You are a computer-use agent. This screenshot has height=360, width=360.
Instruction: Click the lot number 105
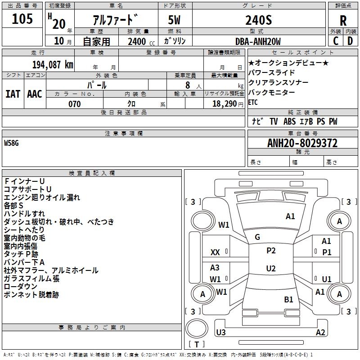[x=22, y=19]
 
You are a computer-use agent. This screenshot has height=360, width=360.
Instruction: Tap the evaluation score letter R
[x=343, y=21]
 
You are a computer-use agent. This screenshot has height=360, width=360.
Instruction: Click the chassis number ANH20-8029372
[x=302, y=143]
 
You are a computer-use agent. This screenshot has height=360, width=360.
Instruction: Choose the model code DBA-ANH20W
[x=258, y=41]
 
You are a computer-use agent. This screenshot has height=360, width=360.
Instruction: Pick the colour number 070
[x=74, y=104]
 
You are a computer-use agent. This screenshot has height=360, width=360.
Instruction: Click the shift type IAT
[x=13, y=94]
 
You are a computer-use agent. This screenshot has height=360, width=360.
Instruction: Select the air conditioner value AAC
[x=35, y=94]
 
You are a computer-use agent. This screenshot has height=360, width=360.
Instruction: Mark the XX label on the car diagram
[x=215, y=252]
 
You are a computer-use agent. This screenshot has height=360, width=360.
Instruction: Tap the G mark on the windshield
[x=257, y=237]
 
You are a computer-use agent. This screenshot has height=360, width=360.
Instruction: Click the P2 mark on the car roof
[x=271, y=251]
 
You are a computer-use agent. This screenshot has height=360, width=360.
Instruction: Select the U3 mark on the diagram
[x=221, y=333]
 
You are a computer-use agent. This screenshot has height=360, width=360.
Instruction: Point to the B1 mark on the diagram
[x=288, y=299]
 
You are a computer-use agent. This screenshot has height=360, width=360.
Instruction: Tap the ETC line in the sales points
[x=253, y=102]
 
